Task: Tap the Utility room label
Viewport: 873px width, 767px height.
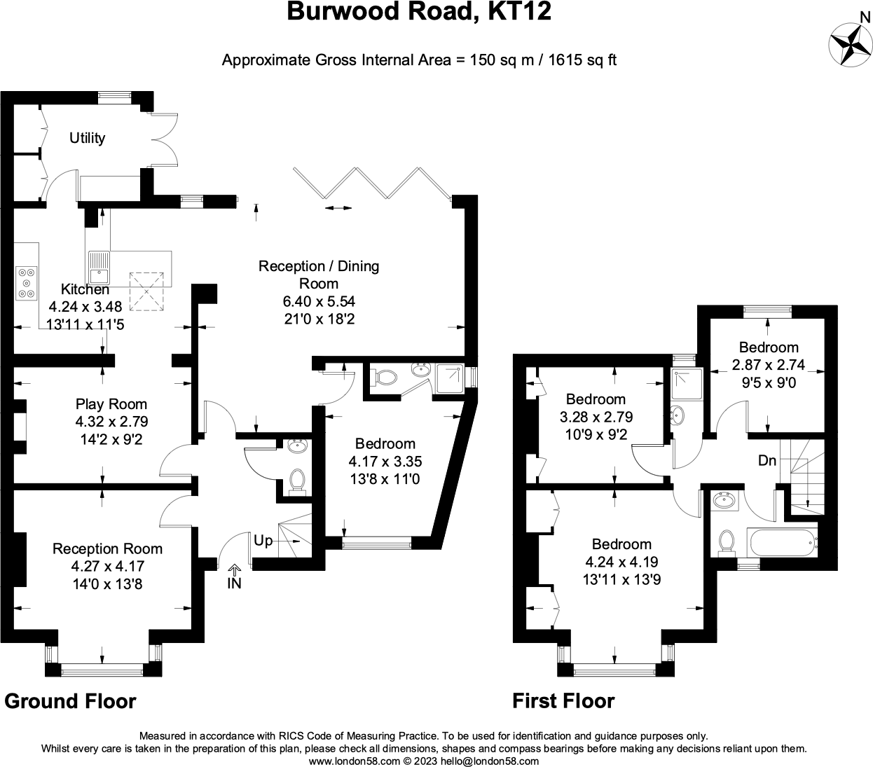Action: (87, 138)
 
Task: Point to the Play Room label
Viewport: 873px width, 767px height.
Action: (111, 404)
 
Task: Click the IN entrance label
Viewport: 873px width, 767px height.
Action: (234, 583)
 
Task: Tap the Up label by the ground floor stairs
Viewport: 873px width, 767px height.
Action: (263, 541)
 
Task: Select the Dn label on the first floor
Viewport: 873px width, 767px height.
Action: (767, 462)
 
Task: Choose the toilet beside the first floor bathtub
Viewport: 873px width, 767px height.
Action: (727, 541)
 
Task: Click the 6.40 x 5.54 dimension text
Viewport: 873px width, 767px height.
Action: (319, 302)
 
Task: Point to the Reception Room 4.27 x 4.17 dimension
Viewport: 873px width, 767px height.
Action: (107, 566)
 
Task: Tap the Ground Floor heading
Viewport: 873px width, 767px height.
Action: (71, 701)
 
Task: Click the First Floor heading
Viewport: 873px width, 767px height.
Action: (563, 701)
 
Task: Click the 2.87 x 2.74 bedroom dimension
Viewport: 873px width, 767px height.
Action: (769, 365)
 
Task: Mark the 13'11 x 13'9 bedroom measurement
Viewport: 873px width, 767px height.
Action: (621, 579)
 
